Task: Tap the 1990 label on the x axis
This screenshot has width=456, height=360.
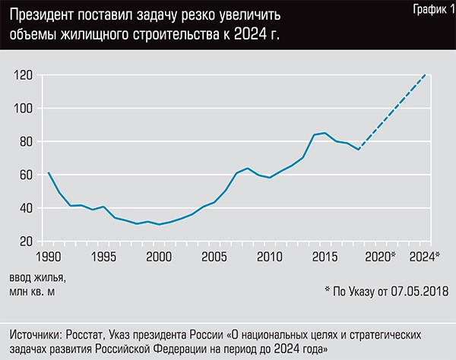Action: [49, 256]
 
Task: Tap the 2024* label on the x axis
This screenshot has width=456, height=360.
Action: [425, 256]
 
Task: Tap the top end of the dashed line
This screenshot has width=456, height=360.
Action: [426, 74]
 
